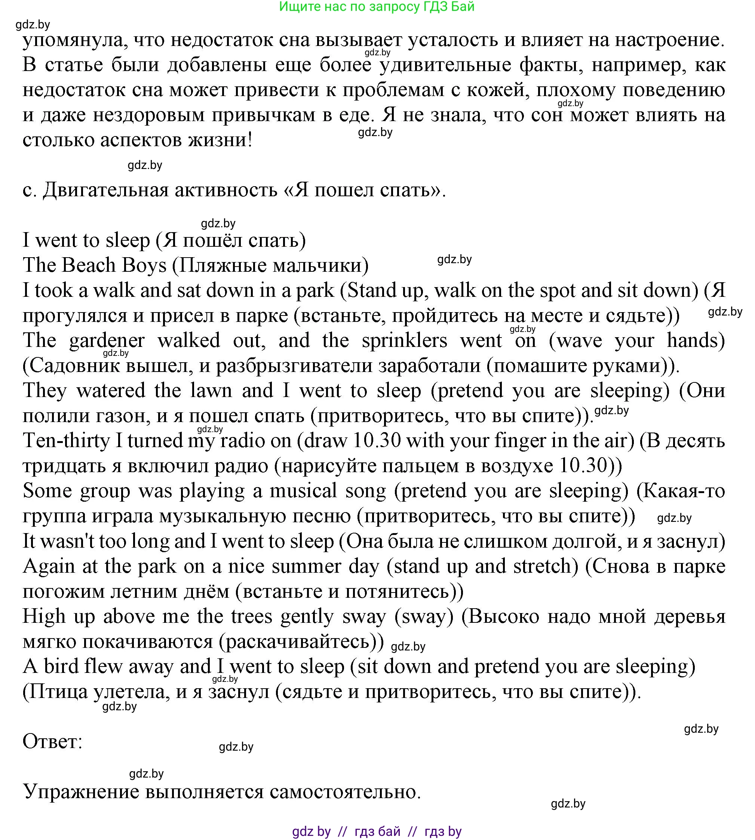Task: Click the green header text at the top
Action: coord(377,7)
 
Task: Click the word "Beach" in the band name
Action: coord(88,265)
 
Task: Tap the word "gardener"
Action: coord(107,341)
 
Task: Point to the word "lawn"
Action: coord(211,391)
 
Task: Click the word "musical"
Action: coord(303,491)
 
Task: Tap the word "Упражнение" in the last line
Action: coord(80,792)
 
